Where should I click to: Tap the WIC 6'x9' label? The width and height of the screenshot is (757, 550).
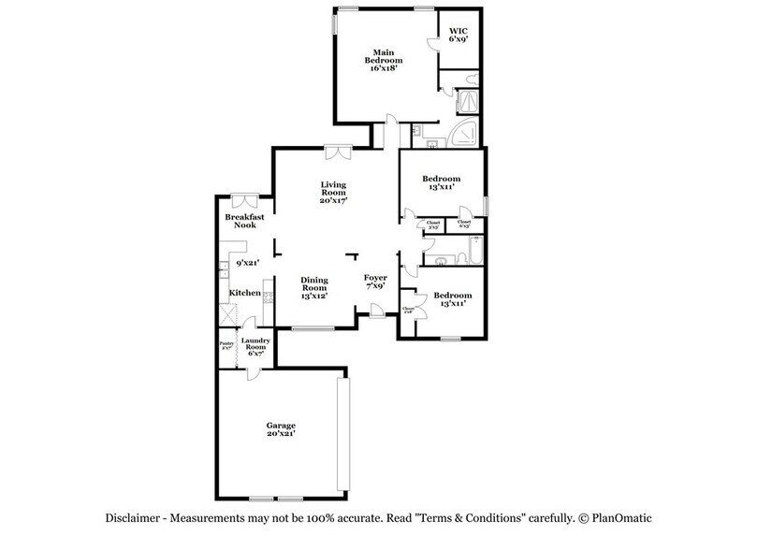pyautogui.click(x=458, y=35)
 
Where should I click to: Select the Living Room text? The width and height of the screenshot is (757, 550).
pyautogui.click(x=334, y=192)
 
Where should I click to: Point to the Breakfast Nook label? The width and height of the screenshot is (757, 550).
pyautogui.click(x=244, y=222)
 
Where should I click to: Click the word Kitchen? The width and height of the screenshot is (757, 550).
pyautogui.click(x=245, y=293)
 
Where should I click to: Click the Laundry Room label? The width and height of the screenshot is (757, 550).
pyautogui.click(x=255, y=345)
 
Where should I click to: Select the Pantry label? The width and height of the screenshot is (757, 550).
pyautogui.click(x=226, y=345)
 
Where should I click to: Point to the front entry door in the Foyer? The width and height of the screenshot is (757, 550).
pyautogui.click(x=375, y=313)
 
